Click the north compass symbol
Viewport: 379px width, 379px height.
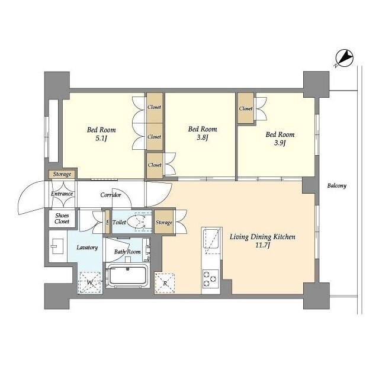click(345, 58)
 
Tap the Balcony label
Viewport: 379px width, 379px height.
click(336, 186)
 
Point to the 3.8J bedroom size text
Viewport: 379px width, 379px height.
click(202, 138)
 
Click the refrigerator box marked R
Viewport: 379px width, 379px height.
click(165, 284)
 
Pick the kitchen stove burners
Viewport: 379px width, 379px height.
click(210, 277)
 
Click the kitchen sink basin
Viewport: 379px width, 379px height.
click(211, 240)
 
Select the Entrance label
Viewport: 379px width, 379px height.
click(62, 194)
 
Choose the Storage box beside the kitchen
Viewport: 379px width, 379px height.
click(164, 223)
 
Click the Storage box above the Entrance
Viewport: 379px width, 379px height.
click(62, 174)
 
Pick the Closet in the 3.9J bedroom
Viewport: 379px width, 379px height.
click(246, 109)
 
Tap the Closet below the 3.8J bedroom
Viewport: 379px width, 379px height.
click(155, 165)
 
